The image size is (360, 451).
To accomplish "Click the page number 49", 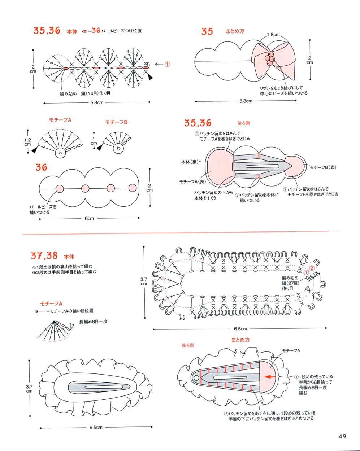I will (342, 436).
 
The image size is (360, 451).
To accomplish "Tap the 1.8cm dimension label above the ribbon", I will (273, 35).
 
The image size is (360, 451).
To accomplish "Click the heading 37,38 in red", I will (44, 256).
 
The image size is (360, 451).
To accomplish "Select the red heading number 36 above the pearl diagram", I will (42, 167).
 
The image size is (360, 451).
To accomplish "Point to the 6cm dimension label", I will (89, 218).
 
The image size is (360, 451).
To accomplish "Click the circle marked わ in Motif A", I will (60, 153).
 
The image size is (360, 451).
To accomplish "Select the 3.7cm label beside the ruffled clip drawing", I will (29, 389).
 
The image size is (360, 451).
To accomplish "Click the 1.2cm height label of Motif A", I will (28, 142).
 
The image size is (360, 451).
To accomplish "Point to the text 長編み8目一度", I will (93, 321).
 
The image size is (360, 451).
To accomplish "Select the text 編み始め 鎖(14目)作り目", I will (85, 93).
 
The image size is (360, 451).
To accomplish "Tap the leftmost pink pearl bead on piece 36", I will (60, 188).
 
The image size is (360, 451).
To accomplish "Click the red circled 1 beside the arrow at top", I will (167, 64).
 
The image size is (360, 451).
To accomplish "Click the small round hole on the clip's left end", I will (196, 378).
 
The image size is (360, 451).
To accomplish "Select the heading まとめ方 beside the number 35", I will (235, 31).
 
